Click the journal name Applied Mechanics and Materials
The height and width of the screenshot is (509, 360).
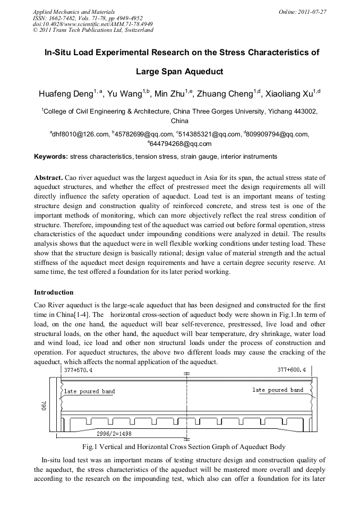coord(73,11)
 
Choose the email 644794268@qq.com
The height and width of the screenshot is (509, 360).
coord(181,144)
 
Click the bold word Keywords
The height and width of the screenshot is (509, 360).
coord(50,157)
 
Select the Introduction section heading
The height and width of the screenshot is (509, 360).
coord(54,292)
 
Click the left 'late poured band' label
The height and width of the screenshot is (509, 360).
coord(89,392)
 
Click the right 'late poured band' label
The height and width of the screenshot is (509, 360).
coord(278,390)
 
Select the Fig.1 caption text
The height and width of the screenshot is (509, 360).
coord(181,447)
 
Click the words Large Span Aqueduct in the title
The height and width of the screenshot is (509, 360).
coord(179,71)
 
